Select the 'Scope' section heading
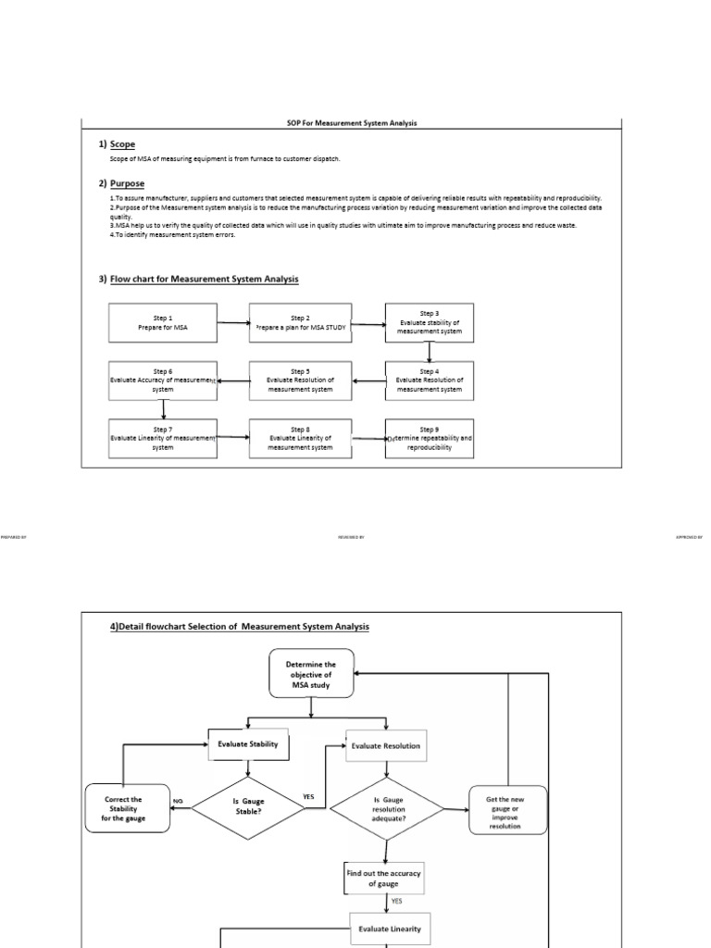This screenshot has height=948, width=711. coord(122,144)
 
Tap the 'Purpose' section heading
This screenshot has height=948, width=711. coord(127,183)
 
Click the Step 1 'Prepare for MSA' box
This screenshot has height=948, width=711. coord(162,322)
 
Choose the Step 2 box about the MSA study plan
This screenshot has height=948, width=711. coord(300,322)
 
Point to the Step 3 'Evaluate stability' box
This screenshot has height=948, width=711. coord(429,322)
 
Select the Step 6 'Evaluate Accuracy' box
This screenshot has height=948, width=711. coord(162,380)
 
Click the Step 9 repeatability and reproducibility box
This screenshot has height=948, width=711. coord(429,438)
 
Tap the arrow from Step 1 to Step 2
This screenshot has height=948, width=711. coord(232,323)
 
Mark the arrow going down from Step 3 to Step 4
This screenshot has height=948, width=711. coord(430,352)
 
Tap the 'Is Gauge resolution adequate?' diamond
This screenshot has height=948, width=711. coord(388,808)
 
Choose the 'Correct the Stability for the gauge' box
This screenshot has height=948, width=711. coord(123,807)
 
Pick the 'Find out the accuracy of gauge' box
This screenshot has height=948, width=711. coord(383,879)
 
